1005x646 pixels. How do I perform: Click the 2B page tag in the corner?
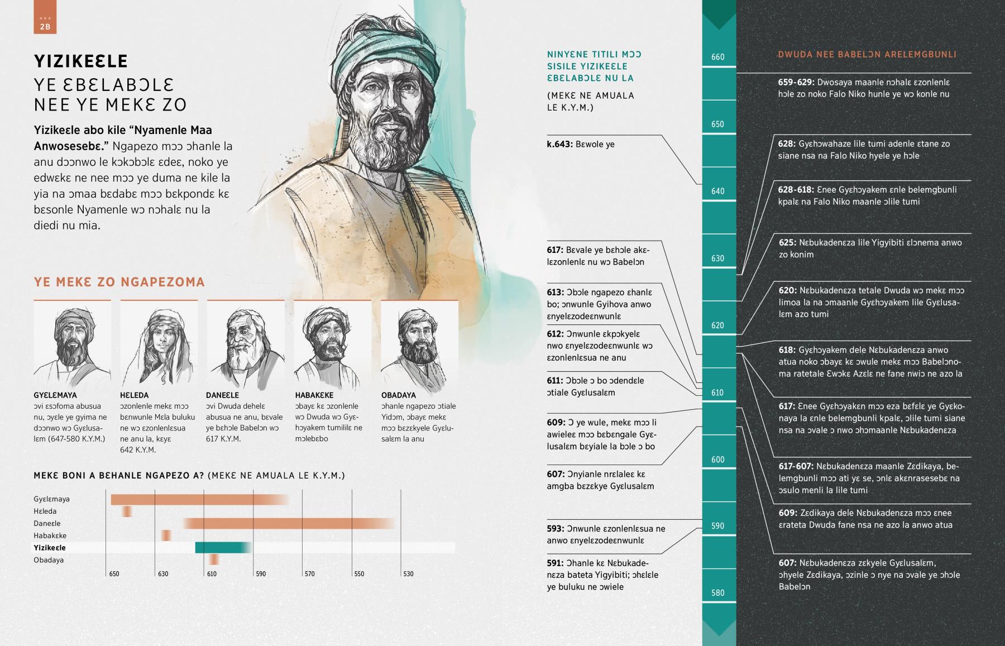coord(45,23)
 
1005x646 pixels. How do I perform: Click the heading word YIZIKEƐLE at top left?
coord(81,61)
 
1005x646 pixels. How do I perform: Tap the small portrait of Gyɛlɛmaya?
coord(72,344)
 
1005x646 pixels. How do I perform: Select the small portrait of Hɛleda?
coord(159,344)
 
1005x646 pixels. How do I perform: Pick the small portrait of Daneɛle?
coord(246,344)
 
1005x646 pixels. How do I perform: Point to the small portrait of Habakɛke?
coord(332,344)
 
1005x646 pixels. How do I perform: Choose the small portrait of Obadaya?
coord(419,344)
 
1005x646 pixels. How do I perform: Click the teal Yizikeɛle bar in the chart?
coord(222,548)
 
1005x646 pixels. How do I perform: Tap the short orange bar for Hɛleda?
coord(127,511)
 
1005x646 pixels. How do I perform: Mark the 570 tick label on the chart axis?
coord(310,574)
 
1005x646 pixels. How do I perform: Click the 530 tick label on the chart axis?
coord(408,574)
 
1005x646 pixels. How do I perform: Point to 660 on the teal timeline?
coord(718,57)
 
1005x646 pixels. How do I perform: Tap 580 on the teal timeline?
coord(718,593)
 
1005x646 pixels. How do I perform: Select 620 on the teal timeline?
coord(718,326)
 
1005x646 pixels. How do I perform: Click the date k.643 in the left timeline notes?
coord(560,145)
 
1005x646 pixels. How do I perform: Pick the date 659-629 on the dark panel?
coord(796,83)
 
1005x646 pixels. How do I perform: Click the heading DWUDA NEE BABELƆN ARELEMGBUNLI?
coord(867,55)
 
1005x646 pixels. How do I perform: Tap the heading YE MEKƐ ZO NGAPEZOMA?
coord(119,282)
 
